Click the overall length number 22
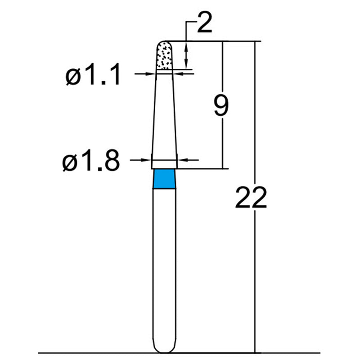pos(251,198)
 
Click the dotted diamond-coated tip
pos(164,56)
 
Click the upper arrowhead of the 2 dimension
pos(186,45)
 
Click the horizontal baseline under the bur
pos(90,353)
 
